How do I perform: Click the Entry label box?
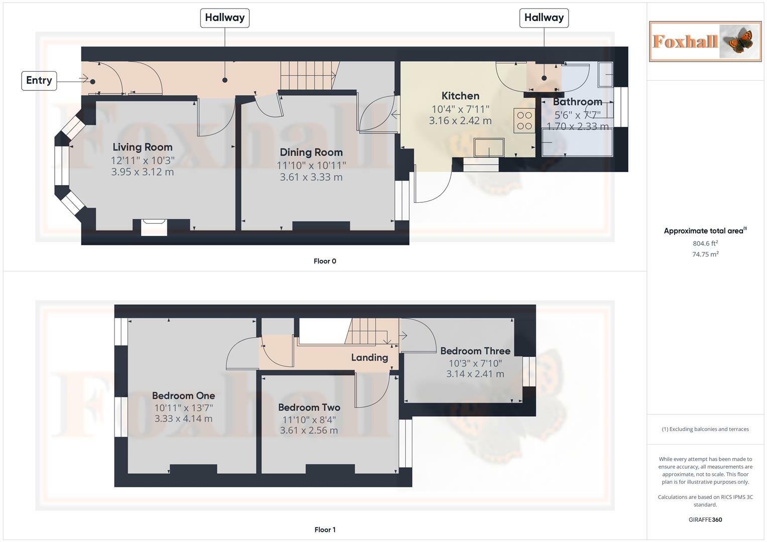click(39, 81)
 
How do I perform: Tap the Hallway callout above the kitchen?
click(544, 18)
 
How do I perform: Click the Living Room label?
click(143, 147)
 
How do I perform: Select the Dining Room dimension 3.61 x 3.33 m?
click(311, 177)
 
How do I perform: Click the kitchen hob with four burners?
click(524, 120)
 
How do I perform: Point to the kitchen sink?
click(489, 148)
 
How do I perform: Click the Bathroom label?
click(577, 101)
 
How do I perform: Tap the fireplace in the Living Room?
click(154, 227)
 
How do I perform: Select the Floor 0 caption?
click(324, 261)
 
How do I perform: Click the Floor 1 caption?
click(324, 529)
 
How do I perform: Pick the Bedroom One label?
click(183, 395)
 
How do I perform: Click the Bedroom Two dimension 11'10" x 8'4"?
click(309, 420)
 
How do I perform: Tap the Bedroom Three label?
click(475, 351)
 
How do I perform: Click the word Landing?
click(370, 358)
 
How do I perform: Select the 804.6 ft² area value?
click(705, 243)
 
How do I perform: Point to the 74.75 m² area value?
click(705, 254)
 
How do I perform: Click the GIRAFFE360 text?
click(705, 519)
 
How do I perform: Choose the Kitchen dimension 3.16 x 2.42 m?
click(460, 121)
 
